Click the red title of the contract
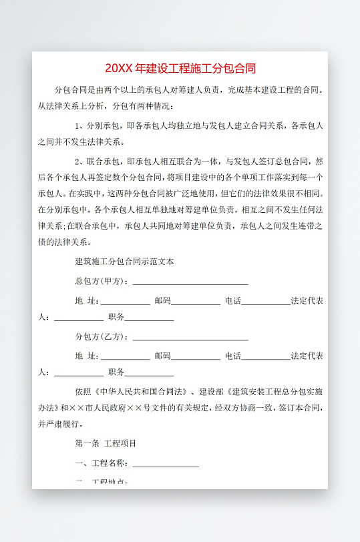click(180, 69)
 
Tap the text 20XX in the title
click(120, 69)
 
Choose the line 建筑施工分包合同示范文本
click(124, 262)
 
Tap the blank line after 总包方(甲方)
click(190, 282)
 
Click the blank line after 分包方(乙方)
click(190, 338)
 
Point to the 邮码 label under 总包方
click(162, 300)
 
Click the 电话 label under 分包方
click(233, 356)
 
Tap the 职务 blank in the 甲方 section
click(150, 318)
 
